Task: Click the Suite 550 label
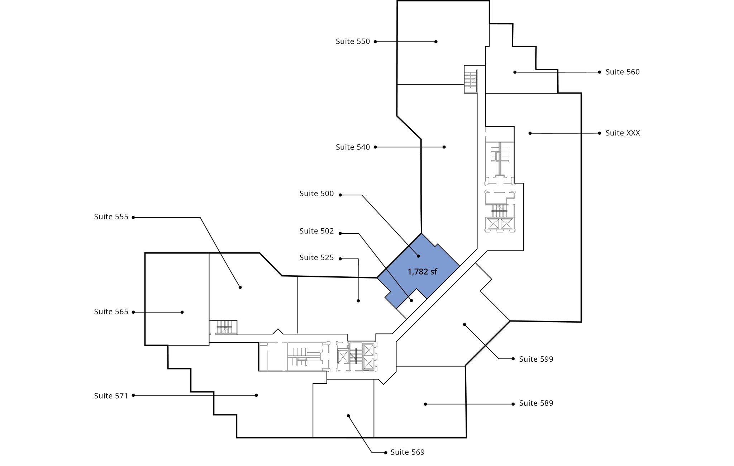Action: coord(353,42)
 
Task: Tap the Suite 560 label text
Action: coord(622,72)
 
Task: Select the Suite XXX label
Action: coord(622,133)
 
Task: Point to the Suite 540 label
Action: coord(353,147)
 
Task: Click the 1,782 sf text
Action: coord(422,272)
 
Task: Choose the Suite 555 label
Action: coord(111,217)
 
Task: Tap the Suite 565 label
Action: coord(111,312)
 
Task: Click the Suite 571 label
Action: coord(111,396)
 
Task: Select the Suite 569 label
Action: coord(407,452)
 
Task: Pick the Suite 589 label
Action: coord(536,403)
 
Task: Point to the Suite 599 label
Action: coord(536,359)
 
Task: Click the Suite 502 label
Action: coord(316,231)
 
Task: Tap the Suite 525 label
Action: coord(316,258)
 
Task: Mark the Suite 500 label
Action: coord(316,194)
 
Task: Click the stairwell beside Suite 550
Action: coord(471,79)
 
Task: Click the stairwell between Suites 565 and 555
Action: coord(223,327)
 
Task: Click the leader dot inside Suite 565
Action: coord(182,312)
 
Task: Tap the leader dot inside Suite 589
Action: coord(425,404)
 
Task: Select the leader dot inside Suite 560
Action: coord(515,72)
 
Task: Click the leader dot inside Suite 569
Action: coord(348,416)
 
